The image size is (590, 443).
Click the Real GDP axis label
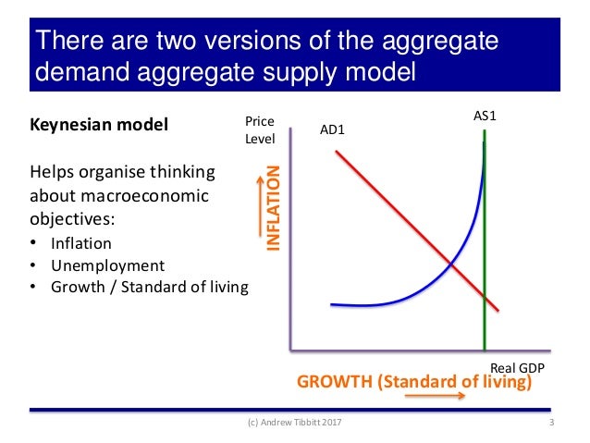click(516, 367)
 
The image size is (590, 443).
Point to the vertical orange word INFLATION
click(274, 208)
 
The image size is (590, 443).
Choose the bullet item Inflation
click(81, 244)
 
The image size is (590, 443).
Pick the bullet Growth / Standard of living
click(150, 287)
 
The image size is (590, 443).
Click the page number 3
click(551, 424)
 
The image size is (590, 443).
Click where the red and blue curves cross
click(451, 265)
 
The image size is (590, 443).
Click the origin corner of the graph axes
click(290, 351)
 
